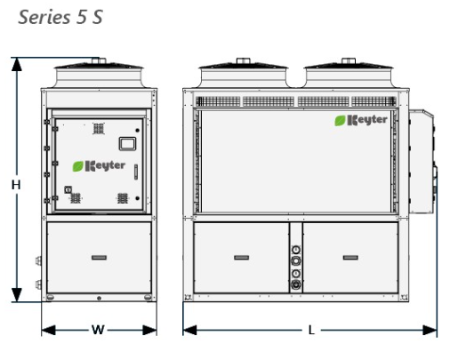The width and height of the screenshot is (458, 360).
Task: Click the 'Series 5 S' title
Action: point(60,17)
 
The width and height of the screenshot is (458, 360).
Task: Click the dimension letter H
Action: point(16,185)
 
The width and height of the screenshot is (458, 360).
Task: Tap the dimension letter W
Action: point(98,330)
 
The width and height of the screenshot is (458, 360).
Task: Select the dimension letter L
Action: point(311,330)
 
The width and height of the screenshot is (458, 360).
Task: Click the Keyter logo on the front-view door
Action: point(99,166)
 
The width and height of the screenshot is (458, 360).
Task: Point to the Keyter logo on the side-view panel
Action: point(361,120)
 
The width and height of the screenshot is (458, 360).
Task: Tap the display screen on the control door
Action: point(127,144)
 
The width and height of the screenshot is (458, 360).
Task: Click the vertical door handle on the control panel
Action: point(136,172)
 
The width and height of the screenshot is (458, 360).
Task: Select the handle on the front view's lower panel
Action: point(99,258)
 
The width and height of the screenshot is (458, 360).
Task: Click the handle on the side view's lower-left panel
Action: point(242,258)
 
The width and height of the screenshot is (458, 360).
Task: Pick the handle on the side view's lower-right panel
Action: point(350,258)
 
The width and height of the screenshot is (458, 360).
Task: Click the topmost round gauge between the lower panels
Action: point(296,250)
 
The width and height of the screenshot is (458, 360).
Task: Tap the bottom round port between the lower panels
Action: point(296,284)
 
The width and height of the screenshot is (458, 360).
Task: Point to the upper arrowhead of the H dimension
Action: point(17,64)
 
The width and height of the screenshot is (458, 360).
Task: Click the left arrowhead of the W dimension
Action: point(48,330)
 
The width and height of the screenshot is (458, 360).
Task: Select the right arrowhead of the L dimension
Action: point(430,330)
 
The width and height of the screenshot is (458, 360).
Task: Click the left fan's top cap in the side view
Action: point(244,60)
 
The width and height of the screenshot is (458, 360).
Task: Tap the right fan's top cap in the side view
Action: point(349,60)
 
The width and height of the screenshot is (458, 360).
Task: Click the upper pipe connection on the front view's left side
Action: point(38,260)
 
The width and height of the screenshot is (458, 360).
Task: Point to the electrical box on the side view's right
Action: point(422,162)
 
